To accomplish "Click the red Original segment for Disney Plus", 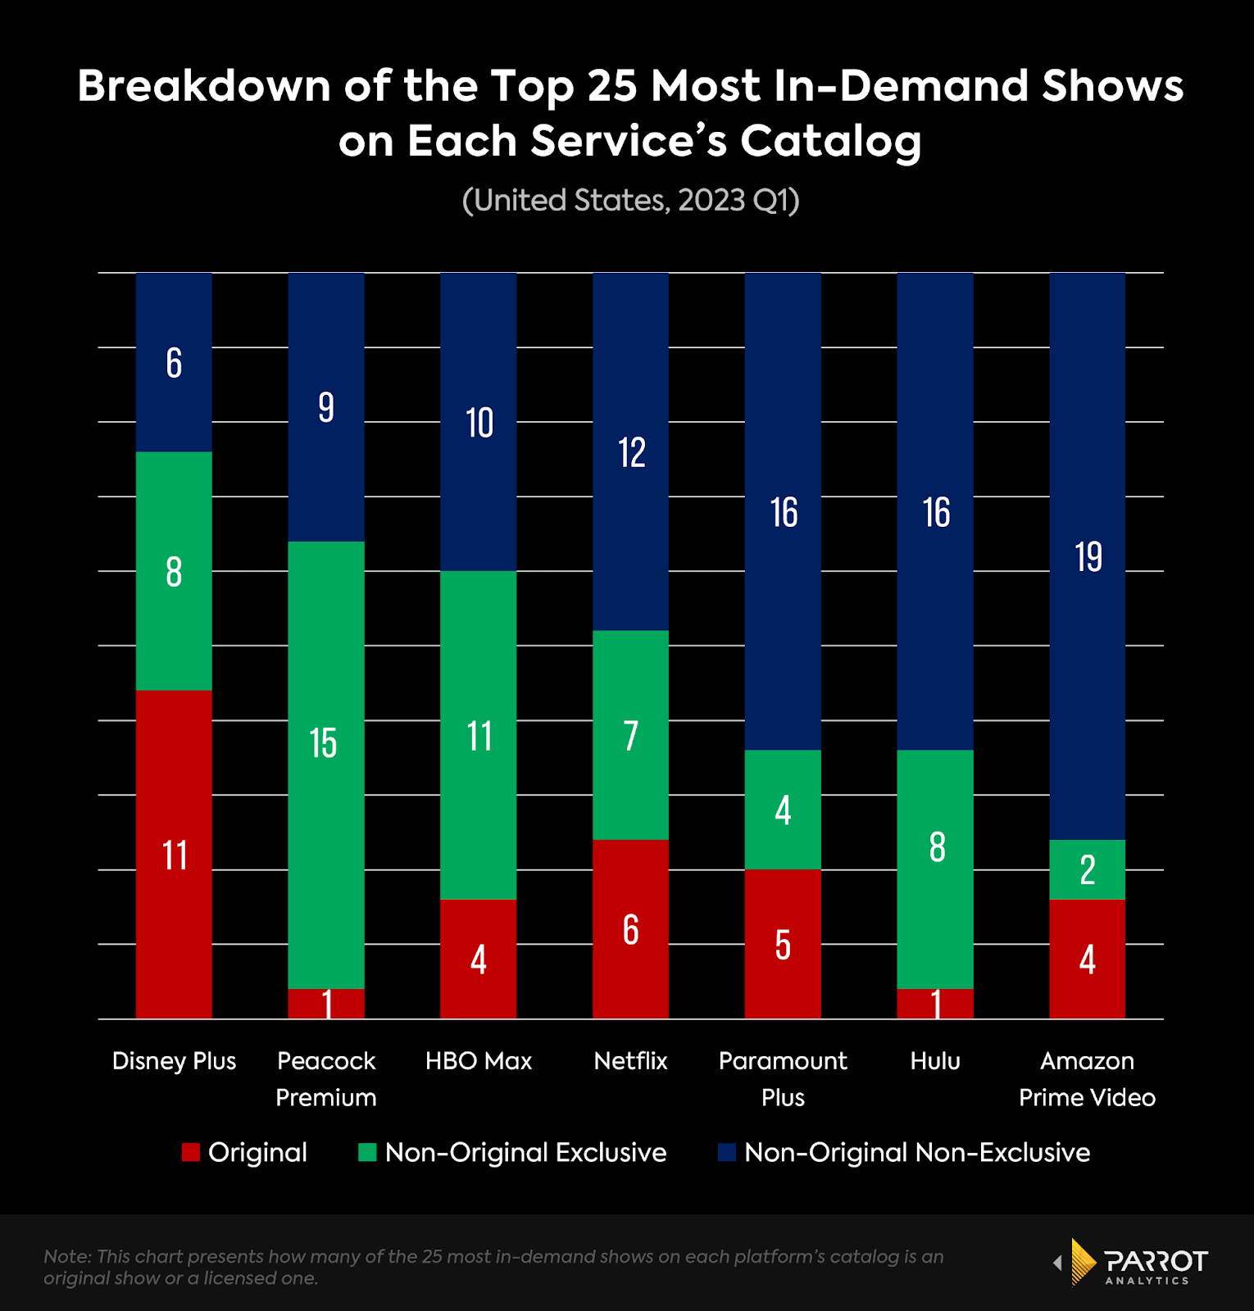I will tap(174, 854).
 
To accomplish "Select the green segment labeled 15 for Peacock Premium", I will tap(325, 764).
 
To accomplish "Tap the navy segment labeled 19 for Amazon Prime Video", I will tap(1087, 556).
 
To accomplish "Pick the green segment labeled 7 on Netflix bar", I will tap(630, 735).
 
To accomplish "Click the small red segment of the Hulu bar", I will tap(935, 1004).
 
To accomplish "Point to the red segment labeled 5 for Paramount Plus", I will tap(783, 944).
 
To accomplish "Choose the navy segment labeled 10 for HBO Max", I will tap(479, 422).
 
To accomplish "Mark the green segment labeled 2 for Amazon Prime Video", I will tap(1087, 869).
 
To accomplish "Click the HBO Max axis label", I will tap(479, 1061).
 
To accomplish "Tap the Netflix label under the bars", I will tap(630, 1061).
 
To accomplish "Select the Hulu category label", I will tap(935, 1061).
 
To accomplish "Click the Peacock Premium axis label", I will tap(325, 1079).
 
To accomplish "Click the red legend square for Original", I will tap(191, 1153).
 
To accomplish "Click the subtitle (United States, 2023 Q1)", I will tap(630, 201).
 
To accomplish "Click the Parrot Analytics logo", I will tap(1131, 1263).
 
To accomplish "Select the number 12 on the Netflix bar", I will tap(631, 452).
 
